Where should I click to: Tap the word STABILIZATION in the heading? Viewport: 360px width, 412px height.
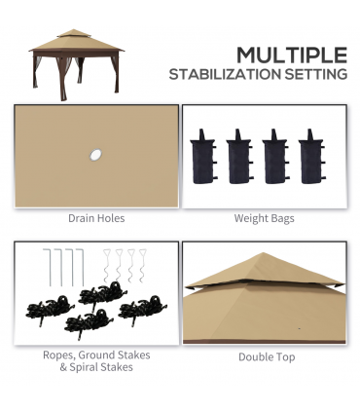pos(226,74)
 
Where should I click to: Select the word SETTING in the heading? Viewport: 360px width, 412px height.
pos(317,74)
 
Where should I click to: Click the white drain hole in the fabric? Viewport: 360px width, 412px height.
pos(95,154)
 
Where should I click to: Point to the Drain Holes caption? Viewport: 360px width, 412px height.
pos(95,218)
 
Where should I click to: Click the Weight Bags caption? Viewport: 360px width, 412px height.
pos(264,218)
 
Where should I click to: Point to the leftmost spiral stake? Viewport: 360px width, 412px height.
pos(107,265)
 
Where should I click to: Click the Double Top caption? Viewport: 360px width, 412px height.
pos(264,357)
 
